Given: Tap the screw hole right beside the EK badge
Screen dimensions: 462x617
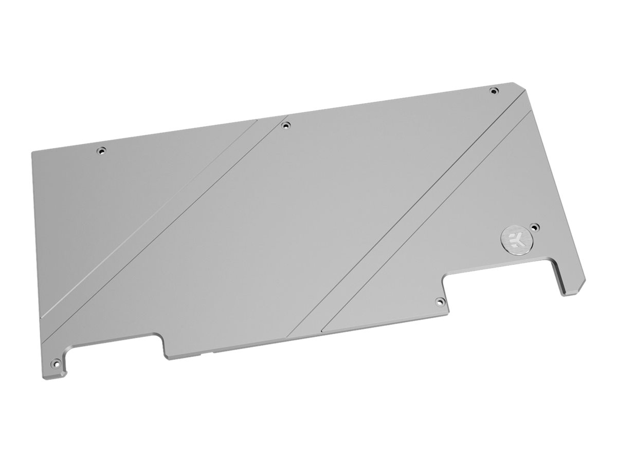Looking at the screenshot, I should (x=535, y=226).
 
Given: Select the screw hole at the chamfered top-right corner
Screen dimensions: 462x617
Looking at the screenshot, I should (x=494, y=91).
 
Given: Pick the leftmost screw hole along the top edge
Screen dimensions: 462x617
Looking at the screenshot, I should (x=101, y=151).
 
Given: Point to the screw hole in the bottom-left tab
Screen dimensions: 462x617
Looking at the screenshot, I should (x=53, y=362).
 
